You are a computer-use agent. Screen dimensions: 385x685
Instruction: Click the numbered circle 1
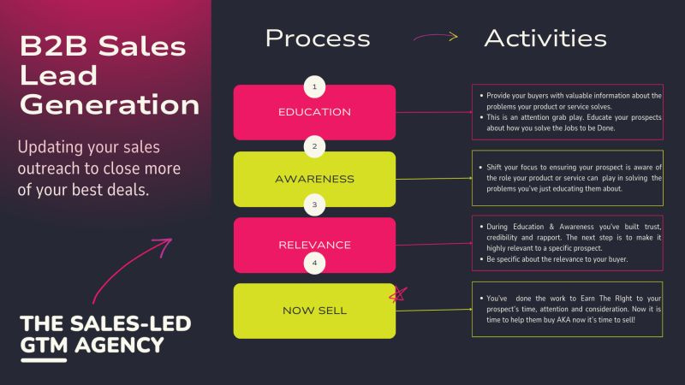pyautogui.click(x=315, y=86)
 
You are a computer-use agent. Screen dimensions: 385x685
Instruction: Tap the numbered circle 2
pyautogui.click(x=315, y=146)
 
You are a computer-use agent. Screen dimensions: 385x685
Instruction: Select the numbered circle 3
pyautogui.click(x=315, y=205)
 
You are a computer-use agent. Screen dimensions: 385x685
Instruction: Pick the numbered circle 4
pyautogui.click(x=315, y=263)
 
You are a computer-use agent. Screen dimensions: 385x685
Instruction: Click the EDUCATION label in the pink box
pyautogui.click(x=314, y=112)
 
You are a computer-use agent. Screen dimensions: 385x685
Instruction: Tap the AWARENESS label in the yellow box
pyautogui.click(x=314, y=179)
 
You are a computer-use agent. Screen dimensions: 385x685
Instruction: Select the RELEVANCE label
pyautogui.click(x=314, y=245)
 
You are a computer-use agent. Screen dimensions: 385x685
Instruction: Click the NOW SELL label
pyautogui.click(x=314, y=310)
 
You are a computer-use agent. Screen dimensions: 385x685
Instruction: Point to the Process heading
pyautogui.click(x=318, y=38)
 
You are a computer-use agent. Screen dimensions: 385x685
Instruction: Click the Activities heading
pyautogui.click(x=545, y=38)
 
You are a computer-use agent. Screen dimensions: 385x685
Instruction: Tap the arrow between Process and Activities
pyautogui.click(x=434, y=37)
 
